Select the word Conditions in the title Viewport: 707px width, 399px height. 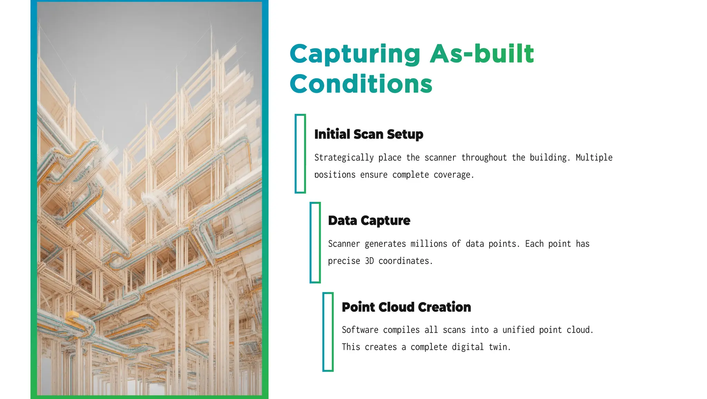pyautogui.click(x=361, y=84)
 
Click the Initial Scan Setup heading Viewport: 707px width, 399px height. pyautogui.click(x=369, y=134)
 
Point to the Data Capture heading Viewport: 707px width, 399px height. pyautogui.click(x=369, y=221)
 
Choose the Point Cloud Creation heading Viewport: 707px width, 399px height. pyautogui.click(x=406, y=307)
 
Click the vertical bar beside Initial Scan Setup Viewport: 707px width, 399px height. pyautogui.click(x=300, y=154)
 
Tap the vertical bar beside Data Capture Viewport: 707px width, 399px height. pyautogui.click(x=315, y=242)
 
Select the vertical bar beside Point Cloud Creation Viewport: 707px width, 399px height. pyautogui.click(x=328, y=332)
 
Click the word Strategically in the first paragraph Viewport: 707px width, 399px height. pyautogui.click(x=344, y=158)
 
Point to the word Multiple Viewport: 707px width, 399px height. pyautogui.click(x=594, y=158)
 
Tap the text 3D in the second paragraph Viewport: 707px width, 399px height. pyautogui.click(x=369, y=261)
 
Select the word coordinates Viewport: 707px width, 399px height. pyautogui.click(x=405, y=261)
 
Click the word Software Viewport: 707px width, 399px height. pyautogui.click(x=360, y=330)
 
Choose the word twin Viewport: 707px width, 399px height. pyautogui.click(x=500, y=347)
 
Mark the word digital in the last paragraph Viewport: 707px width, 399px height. pyautogui.click(x=468, y=347)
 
